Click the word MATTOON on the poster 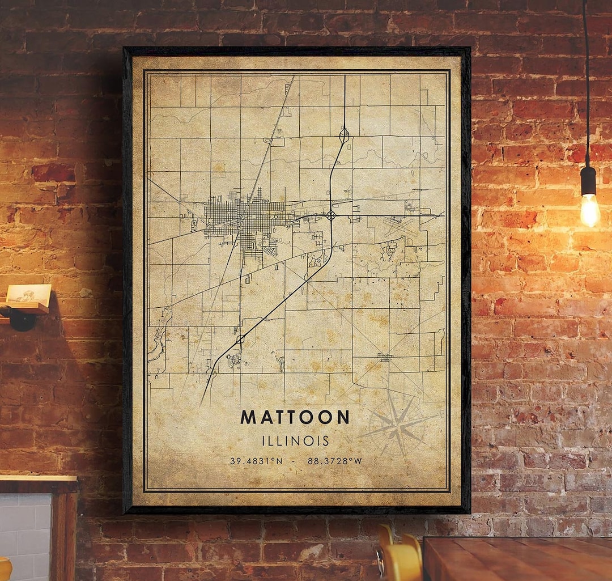coord(295,417)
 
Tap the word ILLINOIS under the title coord(295,440)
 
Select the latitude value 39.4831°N coord(256,461)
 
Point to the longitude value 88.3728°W coord(334,461)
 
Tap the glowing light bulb coord(589,209)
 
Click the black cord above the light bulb coord(585,85)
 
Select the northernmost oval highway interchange coord(344,135)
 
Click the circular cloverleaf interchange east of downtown coord(331,215)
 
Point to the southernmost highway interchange coord(240,339)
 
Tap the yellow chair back coord(399,559)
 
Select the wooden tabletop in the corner coord(516,558)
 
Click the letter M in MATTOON coord(248,417)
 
